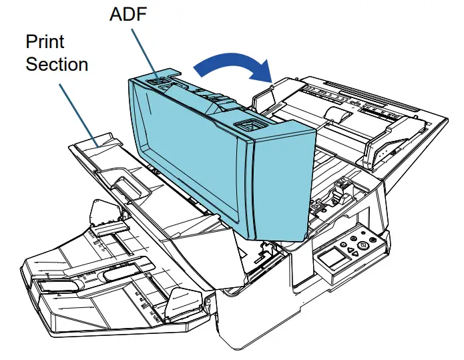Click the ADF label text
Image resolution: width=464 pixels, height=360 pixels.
128,15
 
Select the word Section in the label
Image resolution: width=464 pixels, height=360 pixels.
57,65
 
